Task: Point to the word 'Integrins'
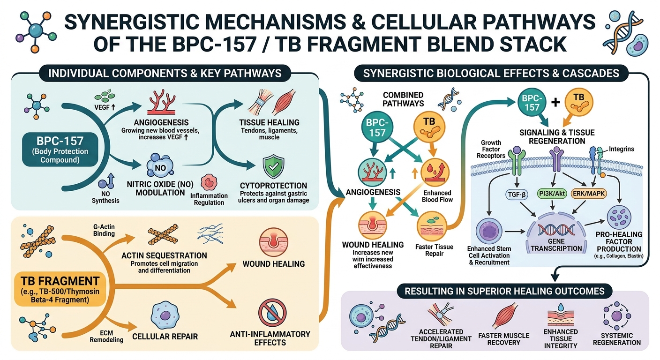(x=622, y=149)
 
